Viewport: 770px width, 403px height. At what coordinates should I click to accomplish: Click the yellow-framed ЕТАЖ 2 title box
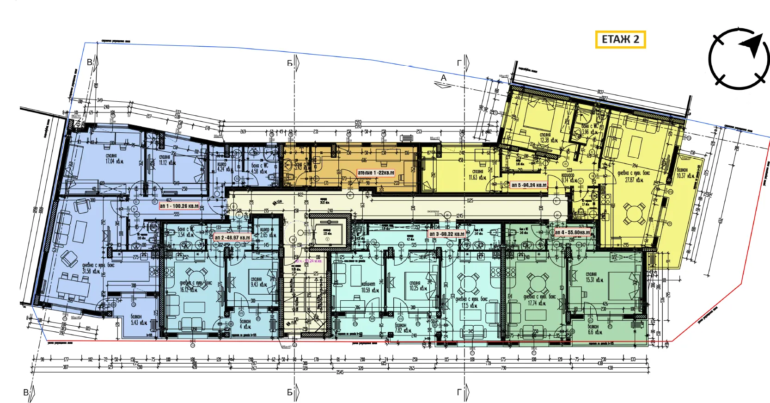point(620,39)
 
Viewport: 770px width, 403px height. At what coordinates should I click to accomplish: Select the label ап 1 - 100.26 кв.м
point(179,206)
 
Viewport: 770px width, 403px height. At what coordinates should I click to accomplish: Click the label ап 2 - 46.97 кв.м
point(232,238)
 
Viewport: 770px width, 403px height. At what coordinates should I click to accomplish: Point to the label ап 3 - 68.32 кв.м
point(446,234)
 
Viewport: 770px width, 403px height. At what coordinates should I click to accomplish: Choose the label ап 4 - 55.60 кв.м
point(572,232)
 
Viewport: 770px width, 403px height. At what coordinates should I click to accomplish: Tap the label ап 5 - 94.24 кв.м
point(529,185)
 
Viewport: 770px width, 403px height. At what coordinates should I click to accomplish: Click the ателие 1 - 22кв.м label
point(376,173)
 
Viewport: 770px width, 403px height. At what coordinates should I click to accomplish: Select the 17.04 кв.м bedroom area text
point(111,159)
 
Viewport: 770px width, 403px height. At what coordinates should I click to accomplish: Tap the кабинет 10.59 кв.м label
point(370,287)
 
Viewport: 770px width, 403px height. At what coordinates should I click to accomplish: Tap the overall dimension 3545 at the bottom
point(340,372)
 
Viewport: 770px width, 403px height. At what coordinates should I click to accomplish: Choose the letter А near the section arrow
point(444,78)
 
